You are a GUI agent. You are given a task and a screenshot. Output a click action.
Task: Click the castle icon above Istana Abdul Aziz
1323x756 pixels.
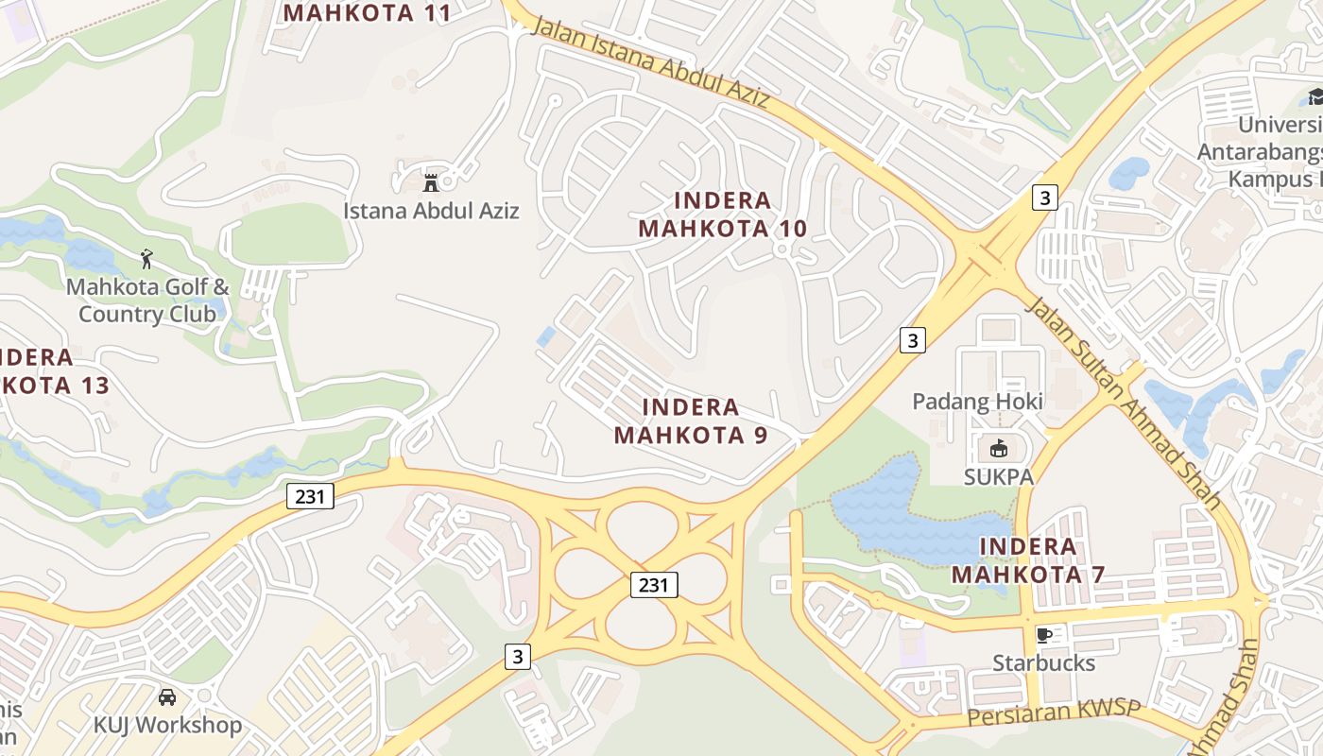431,181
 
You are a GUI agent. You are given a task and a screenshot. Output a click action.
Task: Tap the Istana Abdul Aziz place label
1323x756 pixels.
431,211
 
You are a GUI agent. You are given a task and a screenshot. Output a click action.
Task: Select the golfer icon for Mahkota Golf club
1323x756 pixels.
146,258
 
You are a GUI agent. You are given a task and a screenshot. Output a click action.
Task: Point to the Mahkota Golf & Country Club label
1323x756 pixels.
147,301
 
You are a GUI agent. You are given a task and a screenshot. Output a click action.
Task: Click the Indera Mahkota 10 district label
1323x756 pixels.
723,215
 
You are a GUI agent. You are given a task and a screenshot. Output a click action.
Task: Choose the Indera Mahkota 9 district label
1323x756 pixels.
691,421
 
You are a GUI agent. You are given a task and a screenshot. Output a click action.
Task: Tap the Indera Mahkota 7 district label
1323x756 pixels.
1027,560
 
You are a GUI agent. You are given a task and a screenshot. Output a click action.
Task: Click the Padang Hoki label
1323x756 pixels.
977,402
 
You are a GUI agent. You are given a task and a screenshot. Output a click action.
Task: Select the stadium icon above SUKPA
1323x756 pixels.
999,448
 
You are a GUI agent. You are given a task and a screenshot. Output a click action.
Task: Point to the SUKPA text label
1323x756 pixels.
999,477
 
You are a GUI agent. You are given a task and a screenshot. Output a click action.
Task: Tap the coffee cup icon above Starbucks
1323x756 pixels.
1043,634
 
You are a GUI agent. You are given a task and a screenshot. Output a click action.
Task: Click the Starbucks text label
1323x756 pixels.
1043,663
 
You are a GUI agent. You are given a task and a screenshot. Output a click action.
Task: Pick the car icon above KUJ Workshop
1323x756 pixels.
167,697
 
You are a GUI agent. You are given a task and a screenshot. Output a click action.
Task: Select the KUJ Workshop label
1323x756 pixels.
167,726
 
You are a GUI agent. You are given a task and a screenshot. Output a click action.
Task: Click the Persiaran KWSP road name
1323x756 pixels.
1053,713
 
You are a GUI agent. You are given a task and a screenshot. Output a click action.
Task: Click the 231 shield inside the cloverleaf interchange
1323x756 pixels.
653,586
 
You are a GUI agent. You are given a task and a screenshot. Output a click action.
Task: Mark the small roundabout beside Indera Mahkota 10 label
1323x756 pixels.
782,249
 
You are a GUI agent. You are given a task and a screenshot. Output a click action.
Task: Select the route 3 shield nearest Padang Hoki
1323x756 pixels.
911,340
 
